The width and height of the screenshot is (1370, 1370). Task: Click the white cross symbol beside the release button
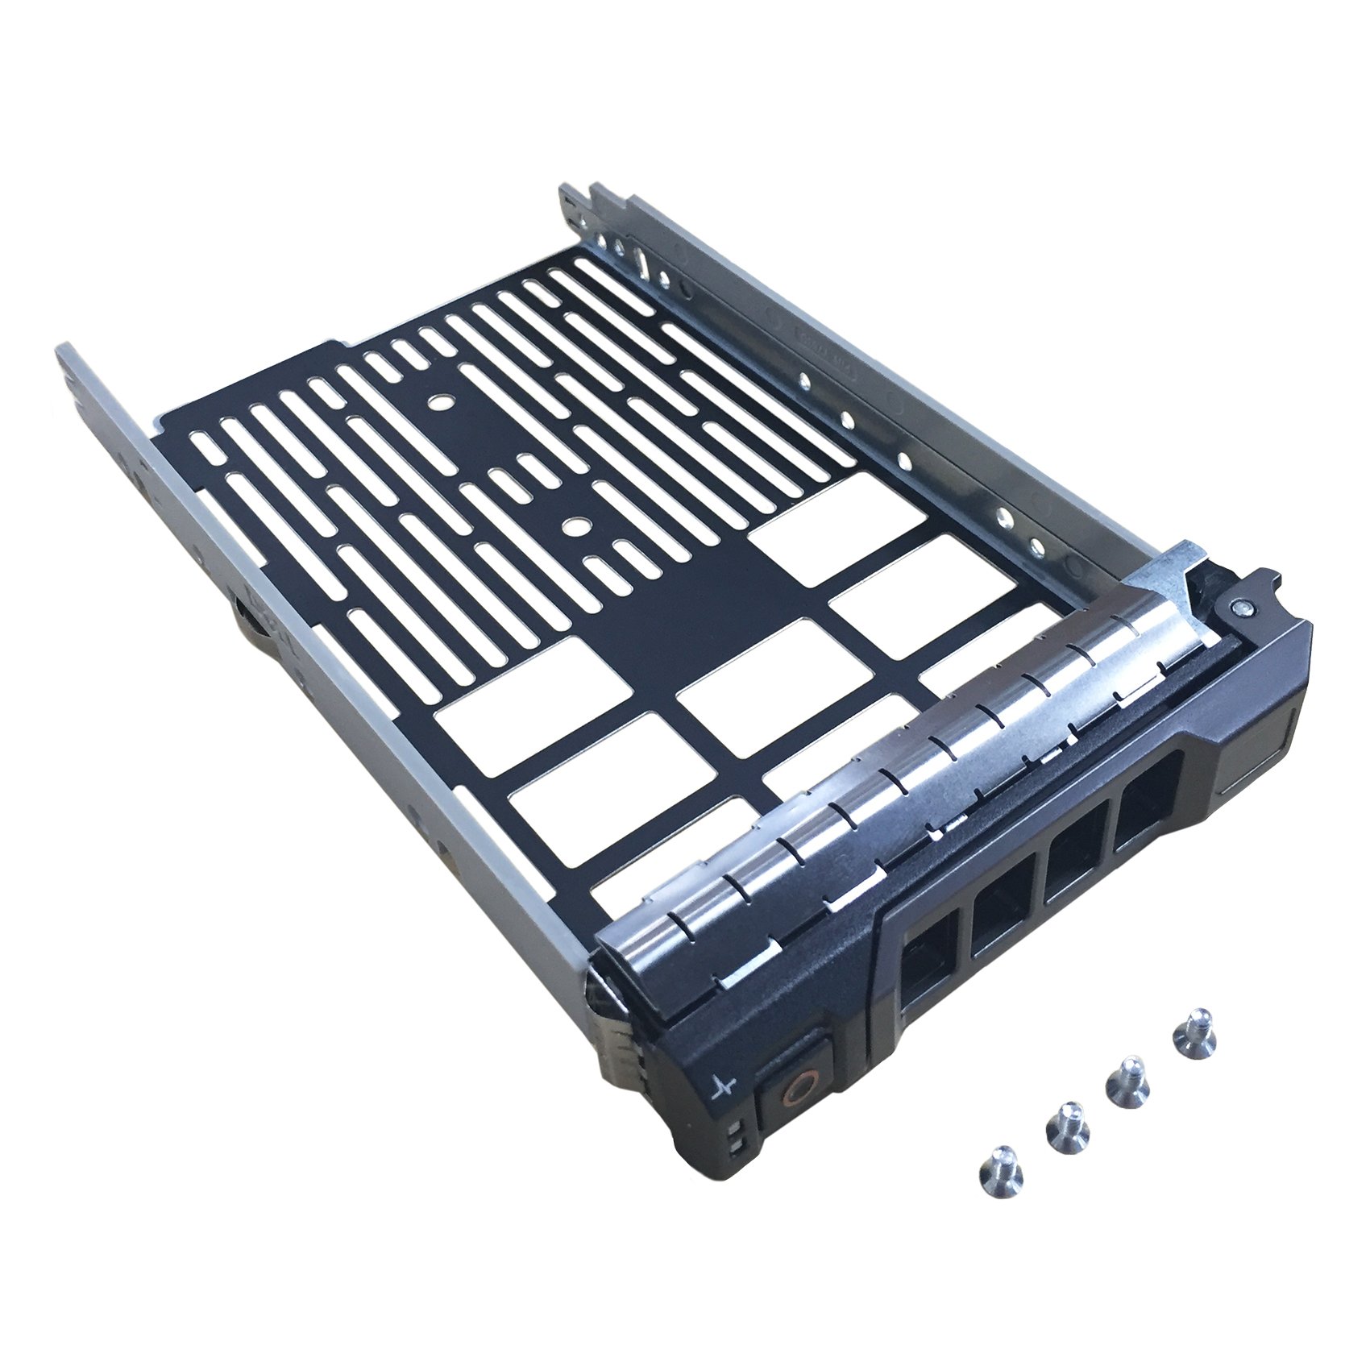click(x=724, y=1085)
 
